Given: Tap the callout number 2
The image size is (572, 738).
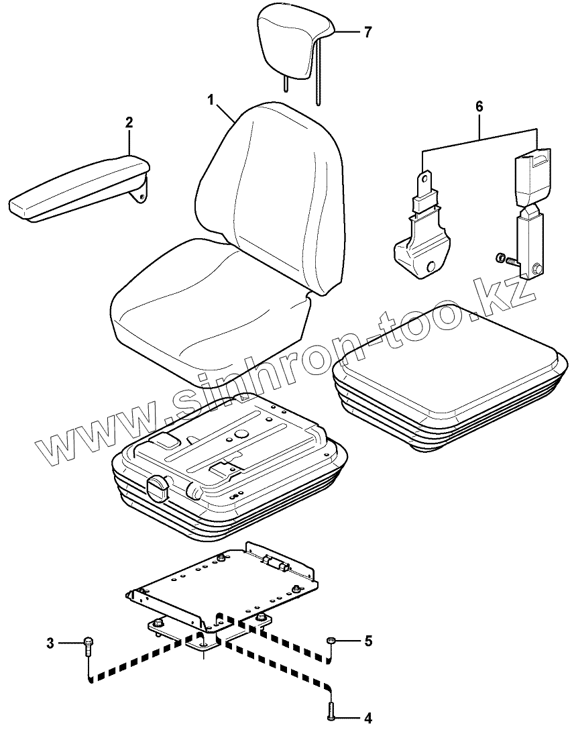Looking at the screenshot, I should (x=129, y=122).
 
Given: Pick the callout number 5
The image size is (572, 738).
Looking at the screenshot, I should (x=367, y=641).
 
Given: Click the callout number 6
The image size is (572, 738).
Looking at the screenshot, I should (x=479, y=106).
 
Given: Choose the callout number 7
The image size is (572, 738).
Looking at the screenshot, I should (x=367, y=32).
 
